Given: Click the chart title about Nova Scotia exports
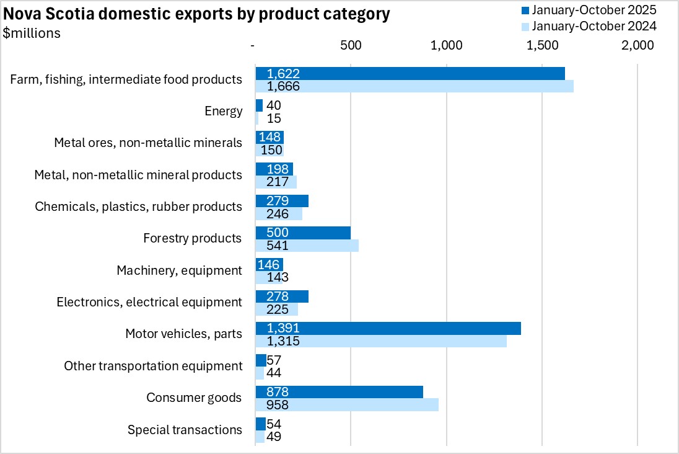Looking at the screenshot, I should point(197,15).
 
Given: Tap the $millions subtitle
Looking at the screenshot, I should point(32,33).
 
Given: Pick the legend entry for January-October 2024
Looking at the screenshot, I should point(588,26).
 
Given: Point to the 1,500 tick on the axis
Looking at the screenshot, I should point(543,45).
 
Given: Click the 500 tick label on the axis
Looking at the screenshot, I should point(351,45).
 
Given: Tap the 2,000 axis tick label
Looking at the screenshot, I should point(638,45).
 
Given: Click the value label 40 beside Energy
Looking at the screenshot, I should point(273,105).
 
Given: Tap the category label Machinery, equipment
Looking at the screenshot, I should point(179,270).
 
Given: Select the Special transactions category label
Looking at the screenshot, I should point(185,430).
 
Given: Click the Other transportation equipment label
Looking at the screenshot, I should point(153,366).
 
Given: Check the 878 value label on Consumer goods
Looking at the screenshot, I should point(277,392).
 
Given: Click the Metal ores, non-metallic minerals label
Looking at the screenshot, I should point(148,143).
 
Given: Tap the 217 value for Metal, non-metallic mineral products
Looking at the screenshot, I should point(277,182).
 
